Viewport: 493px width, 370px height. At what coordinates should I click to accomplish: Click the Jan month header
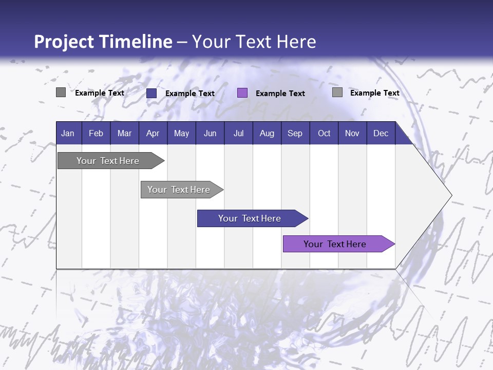pos(68,134)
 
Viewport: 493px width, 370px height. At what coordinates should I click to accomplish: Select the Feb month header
pos(96,134)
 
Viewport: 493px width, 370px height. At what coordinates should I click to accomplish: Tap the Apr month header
pos(153,134)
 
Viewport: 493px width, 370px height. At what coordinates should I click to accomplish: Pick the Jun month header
pos(210,134)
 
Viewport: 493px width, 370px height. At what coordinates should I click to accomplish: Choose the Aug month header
pos(267,134)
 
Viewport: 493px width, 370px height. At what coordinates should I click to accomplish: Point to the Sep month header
pos(295,134)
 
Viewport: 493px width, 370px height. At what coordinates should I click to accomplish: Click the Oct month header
pos(324,134)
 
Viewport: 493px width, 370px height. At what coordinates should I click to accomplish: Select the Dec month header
pos(381,134)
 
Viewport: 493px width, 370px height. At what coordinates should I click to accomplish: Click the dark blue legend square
pos(151,93)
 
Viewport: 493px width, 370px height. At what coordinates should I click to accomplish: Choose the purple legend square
pos(242,93)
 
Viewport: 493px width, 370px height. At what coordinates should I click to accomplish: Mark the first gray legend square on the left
pos(61,92)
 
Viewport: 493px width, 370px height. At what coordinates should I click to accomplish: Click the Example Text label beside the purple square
pos(280,94)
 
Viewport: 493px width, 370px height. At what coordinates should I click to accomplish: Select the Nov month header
pos(352,134)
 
